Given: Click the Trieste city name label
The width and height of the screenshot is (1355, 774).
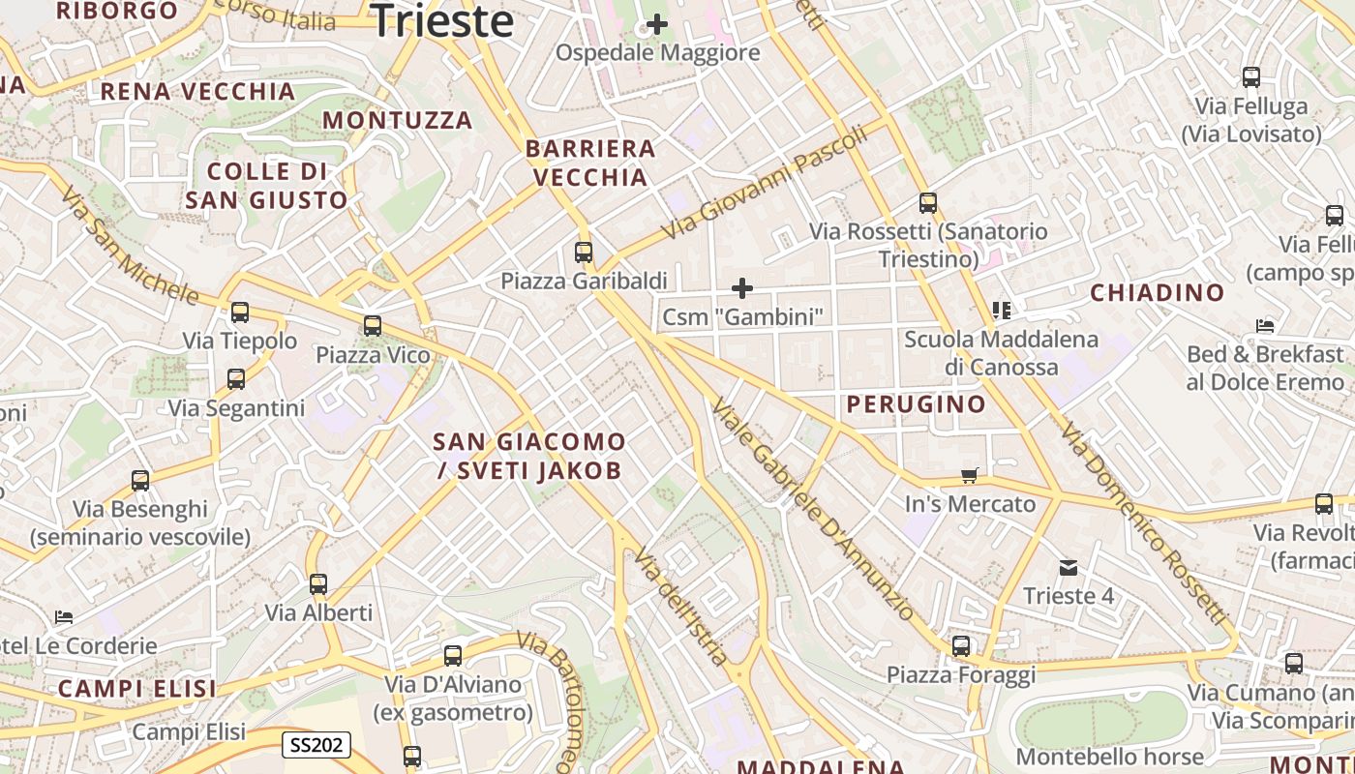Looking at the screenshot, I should (x=442, y=21).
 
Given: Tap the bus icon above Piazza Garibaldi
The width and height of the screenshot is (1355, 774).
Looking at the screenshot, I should (x=584, y=253).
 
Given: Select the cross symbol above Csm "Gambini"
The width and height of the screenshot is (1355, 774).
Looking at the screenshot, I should (x=742, y=288).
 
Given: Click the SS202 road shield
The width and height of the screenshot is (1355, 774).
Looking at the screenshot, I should (x=316, y=745).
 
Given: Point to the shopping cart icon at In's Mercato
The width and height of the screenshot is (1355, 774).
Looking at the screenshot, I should (x=970, y=475).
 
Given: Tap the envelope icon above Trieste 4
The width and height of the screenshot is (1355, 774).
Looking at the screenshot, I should (x=1069, y=567).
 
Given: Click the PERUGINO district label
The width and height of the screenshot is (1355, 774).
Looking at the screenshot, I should (x=917, y=404).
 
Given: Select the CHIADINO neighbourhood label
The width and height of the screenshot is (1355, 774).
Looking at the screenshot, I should (x=1158, y=292).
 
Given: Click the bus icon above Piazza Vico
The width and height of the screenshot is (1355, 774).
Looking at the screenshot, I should (x=373, y=326).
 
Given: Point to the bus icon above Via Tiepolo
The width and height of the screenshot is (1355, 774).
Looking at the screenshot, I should (x=240, y=313).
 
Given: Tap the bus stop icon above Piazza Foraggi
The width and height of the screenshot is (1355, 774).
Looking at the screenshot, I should (x=961, y=646).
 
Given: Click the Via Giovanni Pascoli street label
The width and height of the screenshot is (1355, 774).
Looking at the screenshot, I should (x=766, y=185).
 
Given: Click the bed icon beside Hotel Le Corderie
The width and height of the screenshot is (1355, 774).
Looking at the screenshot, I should (x=64, y=616).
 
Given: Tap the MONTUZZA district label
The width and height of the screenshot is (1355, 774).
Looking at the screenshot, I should (x=398, y=120).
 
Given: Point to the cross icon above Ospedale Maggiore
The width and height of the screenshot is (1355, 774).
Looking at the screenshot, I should (x=657, y=24).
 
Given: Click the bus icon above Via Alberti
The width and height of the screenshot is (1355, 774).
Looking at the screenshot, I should (x=318, y=584).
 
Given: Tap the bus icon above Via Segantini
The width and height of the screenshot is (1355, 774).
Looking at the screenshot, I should (x=236, y=379).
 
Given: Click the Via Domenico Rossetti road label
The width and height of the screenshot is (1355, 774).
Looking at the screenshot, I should (x=1142, y=523).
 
